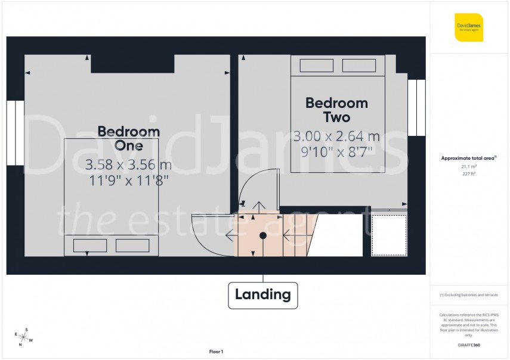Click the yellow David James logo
tap(468, 27)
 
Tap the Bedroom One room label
tap(129, 138)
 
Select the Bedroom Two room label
tap(336, 110)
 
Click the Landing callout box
tap(262, 294)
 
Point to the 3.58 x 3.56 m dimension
tap(129, 164)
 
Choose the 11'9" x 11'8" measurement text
tap(129, 180)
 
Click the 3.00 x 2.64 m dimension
tap(336, 136)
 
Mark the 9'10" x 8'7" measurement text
tap(336, 151)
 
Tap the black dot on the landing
tap(262, 235)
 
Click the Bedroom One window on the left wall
tap(16, 132)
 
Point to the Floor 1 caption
tap(216, 352)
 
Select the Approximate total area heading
tap(468, 158)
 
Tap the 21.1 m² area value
tap(468, 167)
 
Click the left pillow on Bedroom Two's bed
tap(316, 66)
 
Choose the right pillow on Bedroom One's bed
tap(132, 245)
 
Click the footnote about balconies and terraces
tap(468, 296)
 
